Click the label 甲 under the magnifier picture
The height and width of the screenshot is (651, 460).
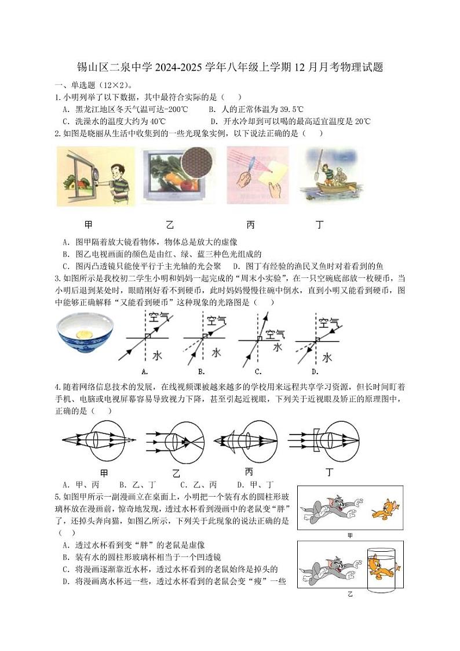coord(88,225)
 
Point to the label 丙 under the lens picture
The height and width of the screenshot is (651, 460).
coord(250,225)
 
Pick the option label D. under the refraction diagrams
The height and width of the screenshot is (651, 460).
coord(315,371)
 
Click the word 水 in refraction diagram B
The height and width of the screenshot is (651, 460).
coord(216,352)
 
